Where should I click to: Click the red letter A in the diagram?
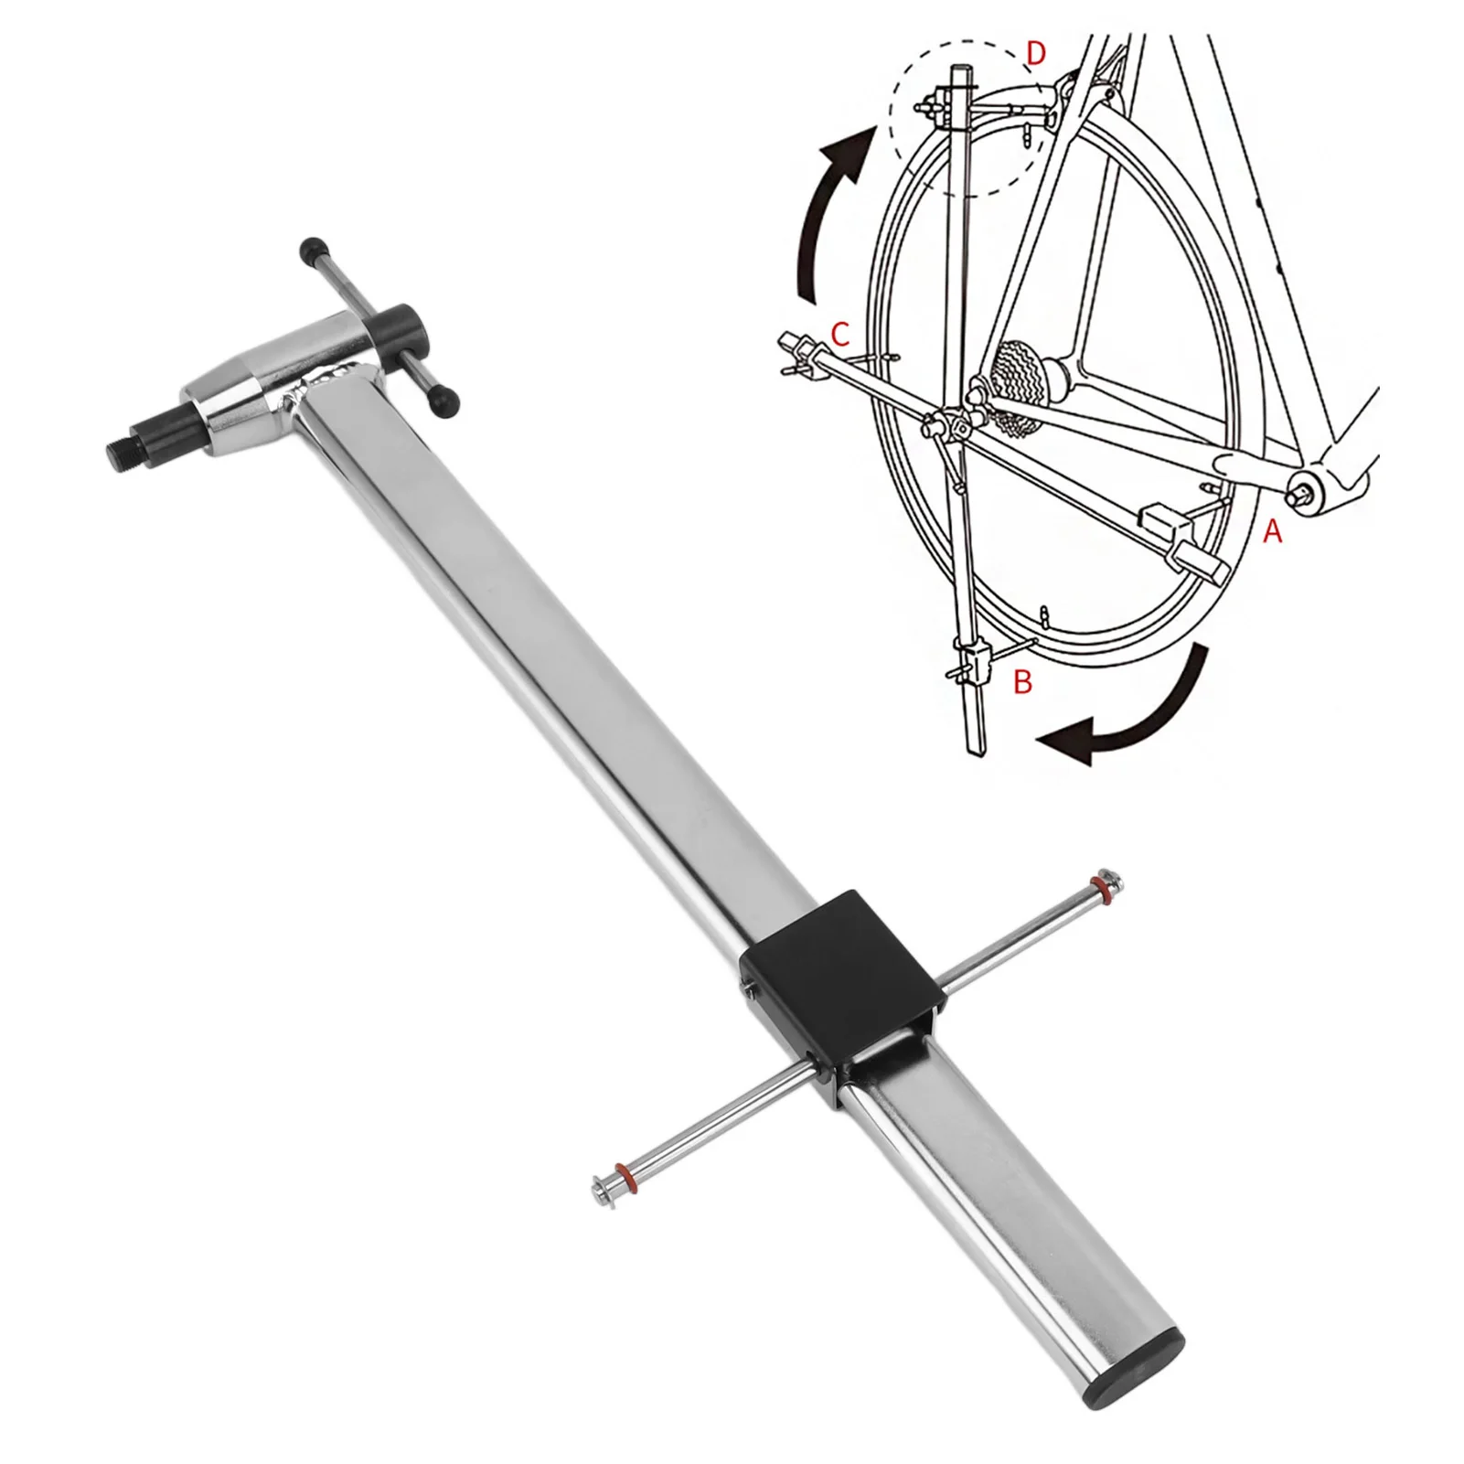1272,530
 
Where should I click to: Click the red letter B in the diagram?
1023,681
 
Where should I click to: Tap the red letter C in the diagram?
841,335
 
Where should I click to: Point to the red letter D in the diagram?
1035,54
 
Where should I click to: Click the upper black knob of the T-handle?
313,251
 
